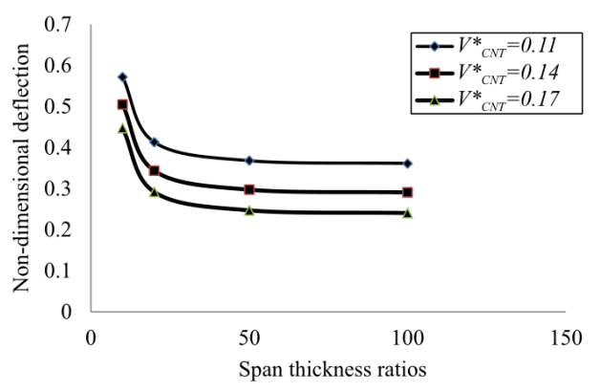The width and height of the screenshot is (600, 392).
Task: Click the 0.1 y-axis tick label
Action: (63, 271)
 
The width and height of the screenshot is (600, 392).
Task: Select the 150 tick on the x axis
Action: (566, 338)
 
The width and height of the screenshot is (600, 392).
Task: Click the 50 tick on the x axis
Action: (249, 338)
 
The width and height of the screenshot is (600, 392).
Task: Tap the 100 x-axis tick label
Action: (408, 338)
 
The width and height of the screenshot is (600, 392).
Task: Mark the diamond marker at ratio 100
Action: (408, 163)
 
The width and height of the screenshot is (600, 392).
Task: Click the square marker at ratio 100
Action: (408, 192)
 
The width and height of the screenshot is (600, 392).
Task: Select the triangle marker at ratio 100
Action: (408, 213)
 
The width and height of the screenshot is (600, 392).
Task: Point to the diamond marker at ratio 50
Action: (249, 161)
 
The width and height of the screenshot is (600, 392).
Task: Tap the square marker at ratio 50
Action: (249, 189)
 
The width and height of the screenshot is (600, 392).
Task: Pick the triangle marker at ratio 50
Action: (249, 210)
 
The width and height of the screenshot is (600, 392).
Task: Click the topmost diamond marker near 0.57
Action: (122, 76)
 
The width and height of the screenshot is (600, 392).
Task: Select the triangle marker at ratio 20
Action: (154, 192)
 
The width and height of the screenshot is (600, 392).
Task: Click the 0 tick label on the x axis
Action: (91, 338)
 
